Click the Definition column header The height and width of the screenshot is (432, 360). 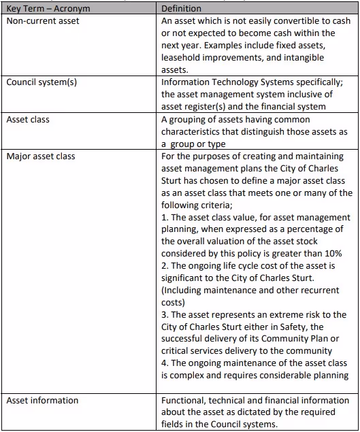(x=181, y=8)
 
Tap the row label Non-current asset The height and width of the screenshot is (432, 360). (x=43, y=20)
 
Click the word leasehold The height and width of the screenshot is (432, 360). (x=182, y=57)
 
